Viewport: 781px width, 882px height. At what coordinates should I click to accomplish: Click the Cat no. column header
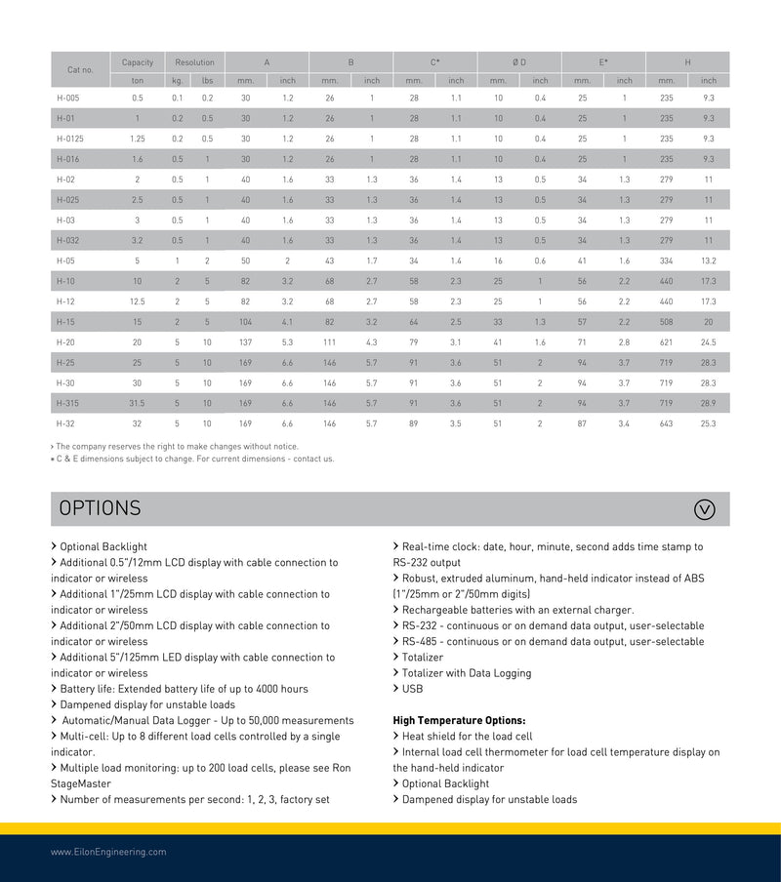click(x=80, y=70)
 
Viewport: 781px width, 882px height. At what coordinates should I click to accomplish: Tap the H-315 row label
click(x=67, y=403)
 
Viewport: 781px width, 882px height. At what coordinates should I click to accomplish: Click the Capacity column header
click(x=138, y=62)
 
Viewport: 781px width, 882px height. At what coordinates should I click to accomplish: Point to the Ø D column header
click(x=519, y=62)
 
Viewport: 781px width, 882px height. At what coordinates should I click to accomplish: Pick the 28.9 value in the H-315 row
click(x=708, y=403)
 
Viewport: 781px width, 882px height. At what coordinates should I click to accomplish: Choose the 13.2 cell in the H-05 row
click(x=708, y=261)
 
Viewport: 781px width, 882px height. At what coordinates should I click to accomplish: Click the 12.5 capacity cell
click(x=138, y=301)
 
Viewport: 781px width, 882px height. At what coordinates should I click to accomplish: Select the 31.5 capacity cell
click(x=138, y=403)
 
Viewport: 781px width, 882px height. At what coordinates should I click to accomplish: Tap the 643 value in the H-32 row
click(x=667, y=423)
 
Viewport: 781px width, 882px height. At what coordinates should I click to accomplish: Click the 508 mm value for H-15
click(x=667, y=322)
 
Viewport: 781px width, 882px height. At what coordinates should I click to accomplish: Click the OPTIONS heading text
click(x=100, y=508)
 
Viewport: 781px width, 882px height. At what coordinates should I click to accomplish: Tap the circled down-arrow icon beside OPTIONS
click(x=704, y=508)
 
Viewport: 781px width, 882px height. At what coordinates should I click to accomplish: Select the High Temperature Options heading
click(x=459, y=721)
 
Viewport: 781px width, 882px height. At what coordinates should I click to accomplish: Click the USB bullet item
click(x=413, y=689)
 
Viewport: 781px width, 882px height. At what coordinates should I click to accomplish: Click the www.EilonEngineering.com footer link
click(x=108, y=852)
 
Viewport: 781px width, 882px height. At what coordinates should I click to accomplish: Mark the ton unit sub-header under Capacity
click(x=138, y=81)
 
